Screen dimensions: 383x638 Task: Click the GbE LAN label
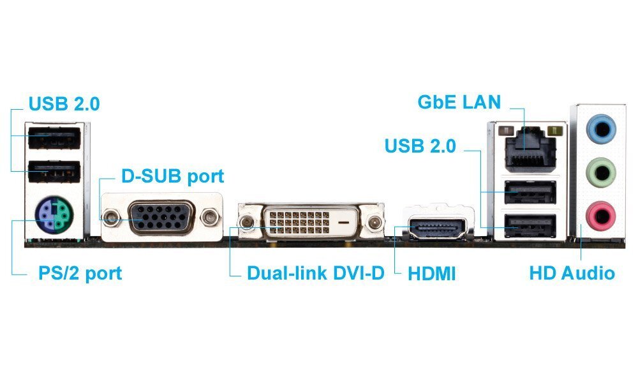(459, 101)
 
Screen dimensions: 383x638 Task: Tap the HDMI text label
(432, 274)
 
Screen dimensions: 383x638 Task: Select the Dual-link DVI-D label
(316, 274)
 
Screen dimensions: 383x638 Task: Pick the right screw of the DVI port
(375, 223)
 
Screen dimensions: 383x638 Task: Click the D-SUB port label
(173, 176)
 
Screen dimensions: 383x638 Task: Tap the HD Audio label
(572, 274)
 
